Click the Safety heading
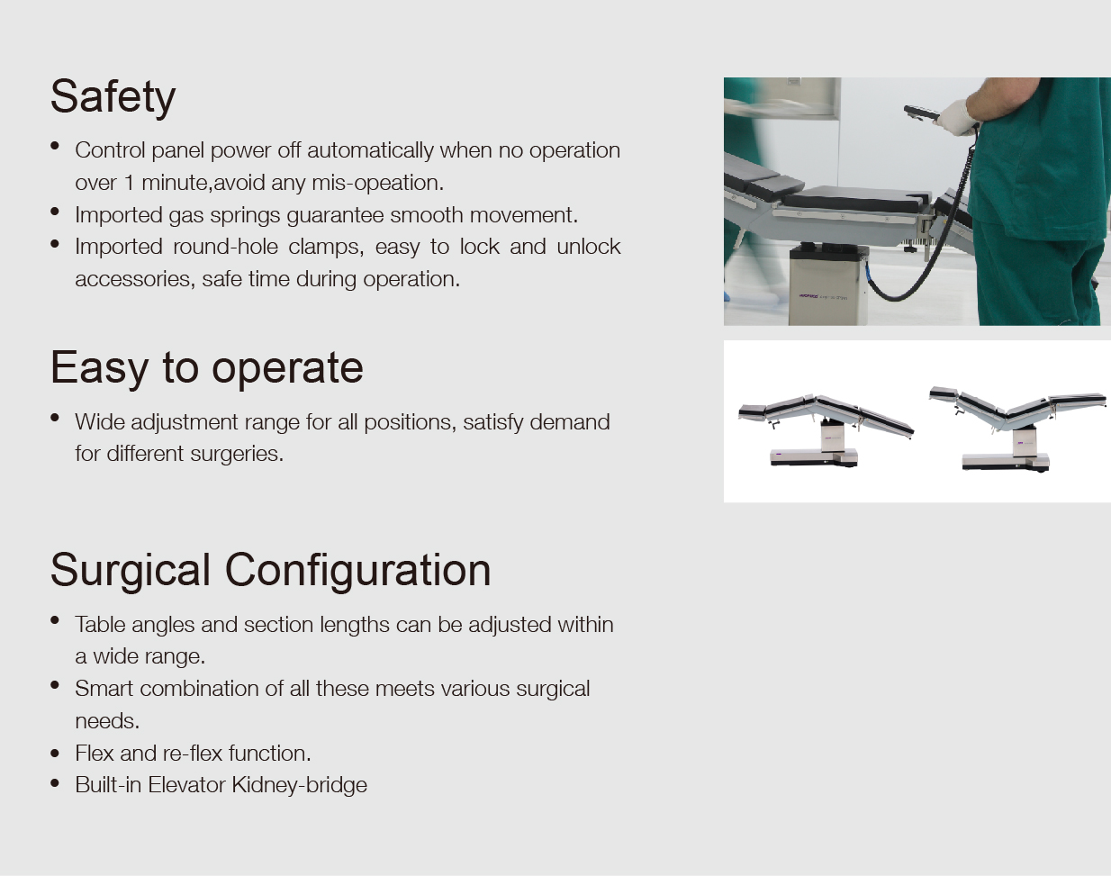click(113, 97)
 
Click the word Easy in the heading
click(99, 368)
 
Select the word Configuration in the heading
click(358, 571)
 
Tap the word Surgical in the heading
click(131, 571)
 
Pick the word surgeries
click(237, 455)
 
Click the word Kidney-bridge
click(300, 785)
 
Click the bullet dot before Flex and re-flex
click(55, 754)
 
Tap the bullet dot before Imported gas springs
click(55, 212)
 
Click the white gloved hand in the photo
click(957, 117)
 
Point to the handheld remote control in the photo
click(922, 113)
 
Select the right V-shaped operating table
click(1017, 428)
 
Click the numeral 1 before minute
click(129, 183)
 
